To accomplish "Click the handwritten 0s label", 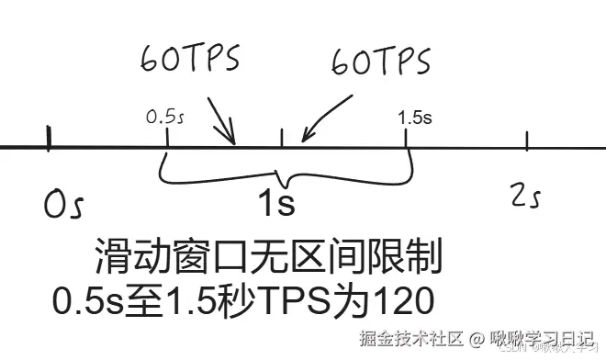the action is [63, 204].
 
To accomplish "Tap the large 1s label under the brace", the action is [275, 202].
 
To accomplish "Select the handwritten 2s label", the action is [528, 196].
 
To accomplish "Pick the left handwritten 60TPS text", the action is [189, 59].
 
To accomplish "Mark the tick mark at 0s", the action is [49, 139].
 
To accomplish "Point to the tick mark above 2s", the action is [526, 141].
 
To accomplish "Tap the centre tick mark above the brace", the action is [281, 136].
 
